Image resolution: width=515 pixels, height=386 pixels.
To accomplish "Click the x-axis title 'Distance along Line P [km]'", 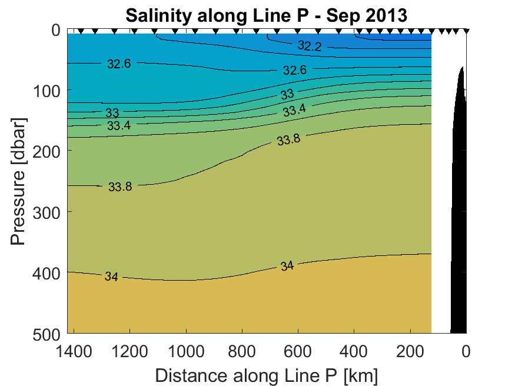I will coord(266,375).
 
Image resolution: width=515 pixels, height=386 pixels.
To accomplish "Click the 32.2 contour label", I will coord(310,46).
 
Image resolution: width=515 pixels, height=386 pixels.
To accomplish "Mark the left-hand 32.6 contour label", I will coord(119,64).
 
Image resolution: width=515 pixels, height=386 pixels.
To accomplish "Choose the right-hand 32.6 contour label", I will coord(295,70).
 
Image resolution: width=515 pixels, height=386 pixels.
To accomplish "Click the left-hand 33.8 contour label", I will coord(120,187).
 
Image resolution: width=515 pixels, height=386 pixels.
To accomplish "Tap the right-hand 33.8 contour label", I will coord(288,140).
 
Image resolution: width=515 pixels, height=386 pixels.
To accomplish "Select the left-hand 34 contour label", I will coord(111,277).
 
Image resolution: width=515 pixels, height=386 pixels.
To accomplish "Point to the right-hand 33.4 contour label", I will coord(294,110).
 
